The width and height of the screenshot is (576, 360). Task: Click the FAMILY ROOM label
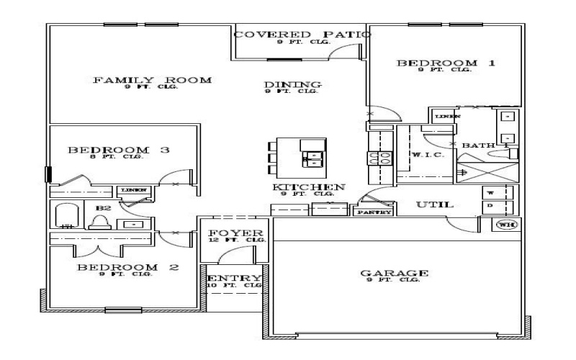[152, 80]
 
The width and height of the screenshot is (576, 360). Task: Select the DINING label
[292, 85]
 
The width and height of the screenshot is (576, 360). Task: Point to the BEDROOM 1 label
[446, 63]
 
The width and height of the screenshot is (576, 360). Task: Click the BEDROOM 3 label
[119, 150]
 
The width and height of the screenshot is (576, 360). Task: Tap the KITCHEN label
[308, 187]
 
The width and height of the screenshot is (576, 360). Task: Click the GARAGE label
[395, 274]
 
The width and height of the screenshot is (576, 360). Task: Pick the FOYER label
[233, 233]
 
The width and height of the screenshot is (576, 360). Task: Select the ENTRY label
[234, 279]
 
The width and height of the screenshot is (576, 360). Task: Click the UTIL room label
[435, 205]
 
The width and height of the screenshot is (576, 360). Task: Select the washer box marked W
[491, 193]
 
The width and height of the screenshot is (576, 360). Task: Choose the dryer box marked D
[491, 207]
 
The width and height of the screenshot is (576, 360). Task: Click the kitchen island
[302, 158]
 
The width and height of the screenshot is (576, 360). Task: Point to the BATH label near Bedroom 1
[478, 145]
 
